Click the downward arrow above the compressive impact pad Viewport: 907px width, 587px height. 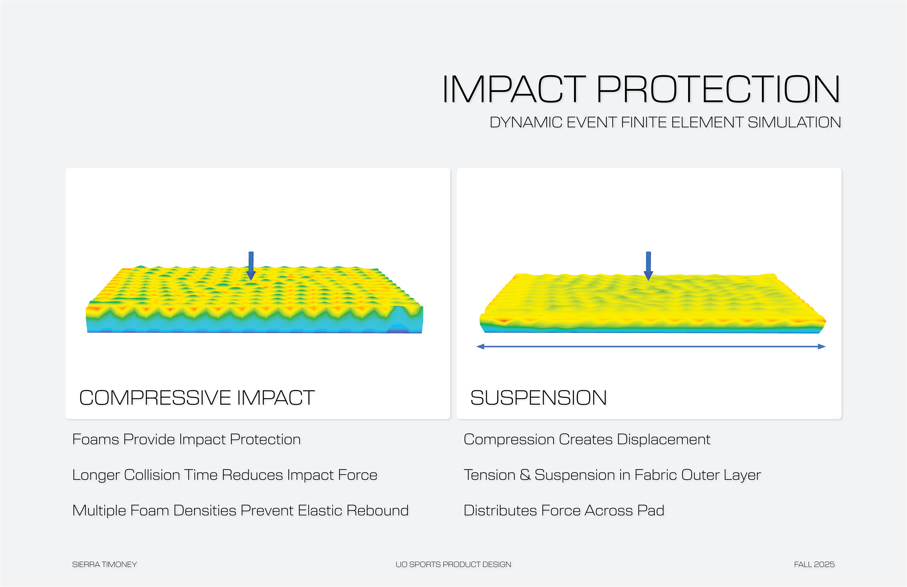[251, 266]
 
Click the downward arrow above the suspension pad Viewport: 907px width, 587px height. [648, 266]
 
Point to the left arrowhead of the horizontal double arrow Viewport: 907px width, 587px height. [481, 347]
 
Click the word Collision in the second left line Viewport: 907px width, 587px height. [152, 475]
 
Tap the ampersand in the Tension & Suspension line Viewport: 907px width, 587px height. [525, 475]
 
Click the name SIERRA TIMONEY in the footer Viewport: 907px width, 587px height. [104, 564]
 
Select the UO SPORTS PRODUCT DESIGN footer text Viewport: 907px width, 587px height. [453, 564]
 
